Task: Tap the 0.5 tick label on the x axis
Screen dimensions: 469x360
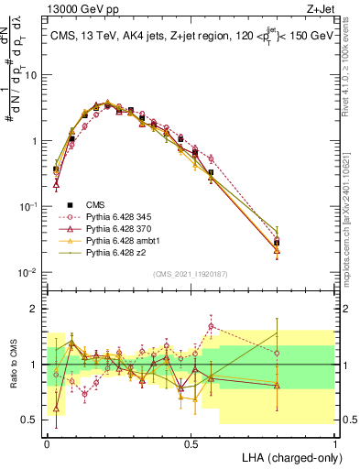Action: [191, 442]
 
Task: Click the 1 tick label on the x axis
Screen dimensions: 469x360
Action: [334, 442]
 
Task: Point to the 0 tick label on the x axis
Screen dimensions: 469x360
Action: [47, 442]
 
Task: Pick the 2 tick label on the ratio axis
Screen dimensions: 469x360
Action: [36, 309]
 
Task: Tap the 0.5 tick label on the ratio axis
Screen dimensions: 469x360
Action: [31, 420]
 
